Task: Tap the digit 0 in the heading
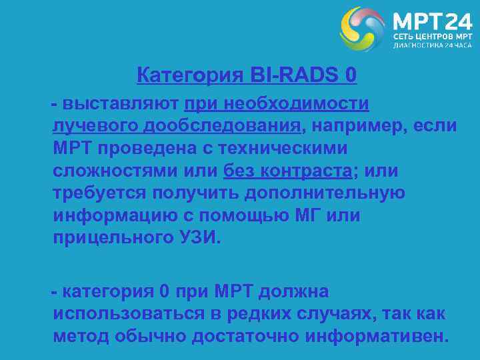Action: click(x=351, y=76)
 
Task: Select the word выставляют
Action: click(x=121, y=104)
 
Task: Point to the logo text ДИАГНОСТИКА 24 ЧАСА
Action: click(x=432, y=45)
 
